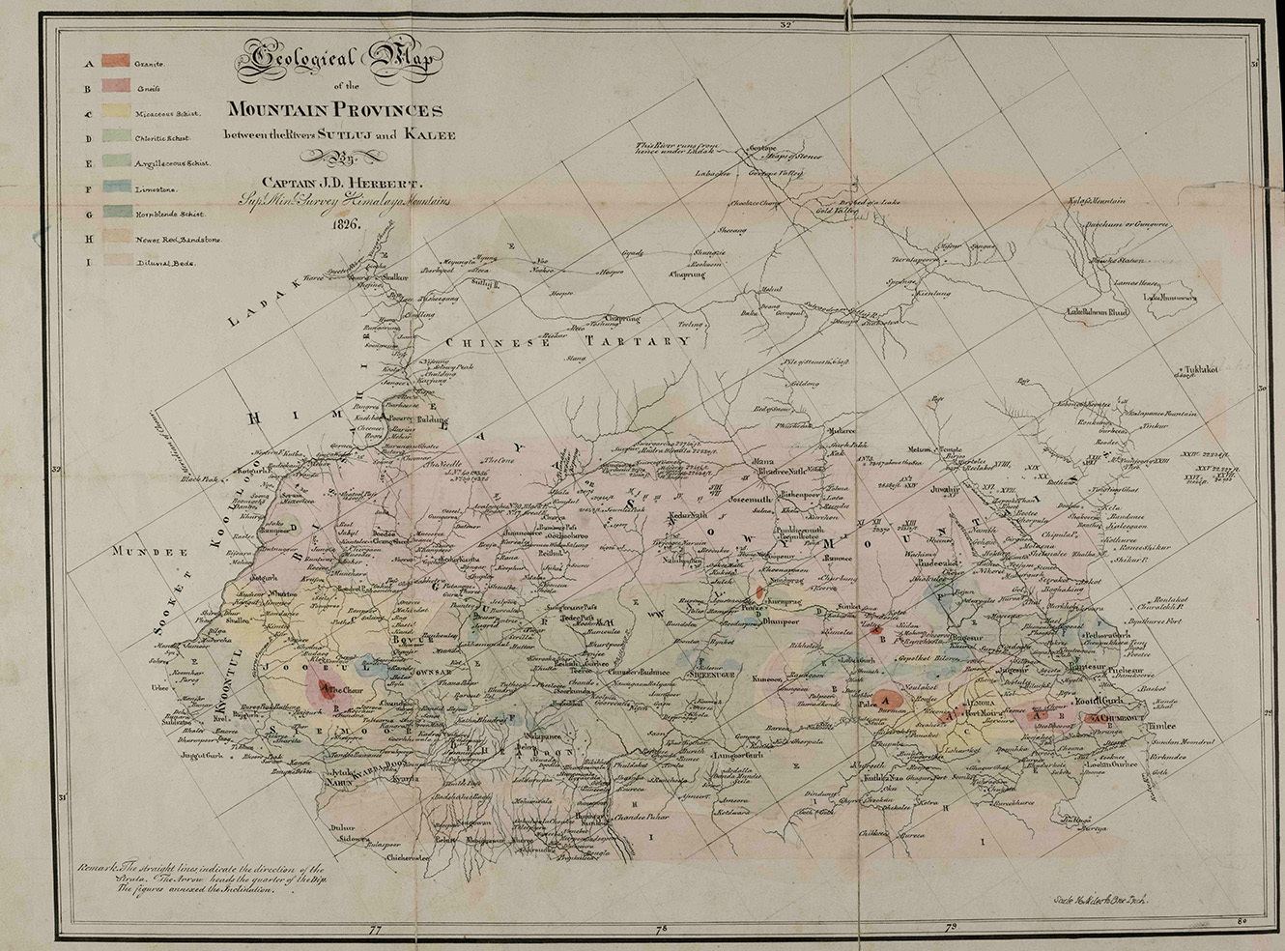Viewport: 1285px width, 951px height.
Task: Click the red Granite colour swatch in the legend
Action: coord(115,64)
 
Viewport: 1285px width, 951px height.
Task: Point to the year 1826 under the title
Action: coord(343,224)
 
